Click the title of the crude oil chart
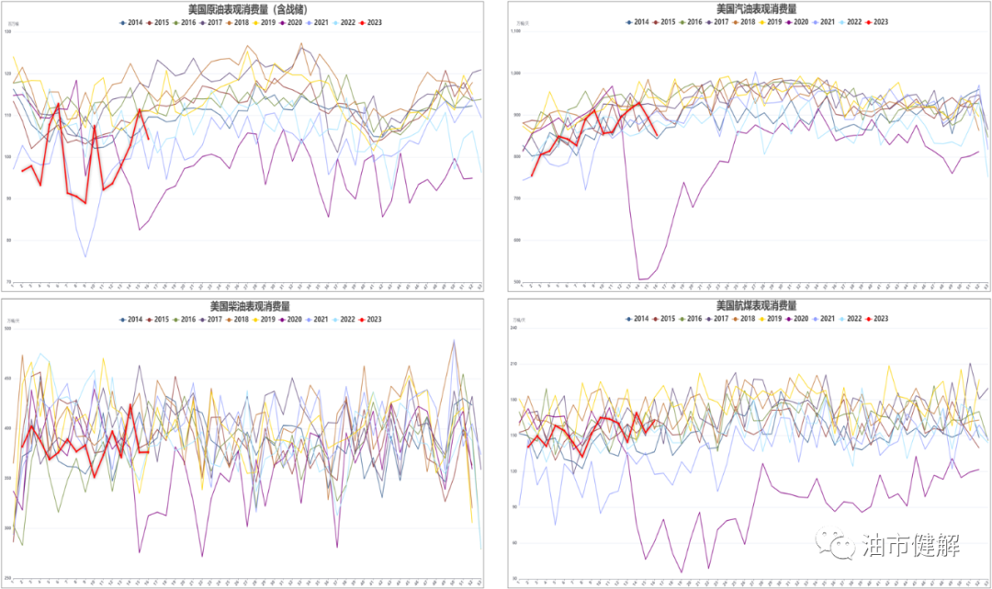click(248, 9)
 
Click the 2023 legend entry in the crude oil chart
click(370, 22)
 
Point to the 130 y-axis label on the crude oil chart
click(8, 32)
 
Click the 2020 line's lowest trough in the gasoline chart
click(640, 279)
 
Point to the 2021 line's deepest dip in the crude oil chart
click(85, 256)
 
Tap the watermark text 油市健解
click(911, 545)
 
